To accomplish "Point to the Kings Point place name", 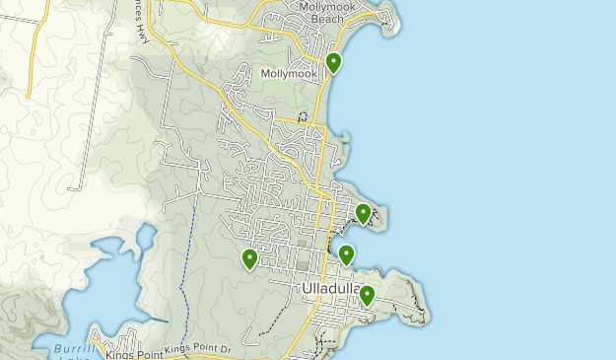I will [138, 351].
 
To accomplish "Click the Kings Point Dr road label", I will [197, 349].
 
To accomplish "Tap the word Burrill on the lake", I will [70, 351].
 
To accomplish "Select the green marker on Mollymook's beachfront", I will [334, 62].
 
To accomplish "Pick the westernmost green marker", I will [249, 258].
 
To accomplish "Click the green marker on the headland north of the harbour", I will [363, 212].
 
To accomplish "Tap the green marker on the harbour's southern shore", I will [346, 254].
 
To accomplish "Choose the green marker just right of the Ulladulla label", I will [367, 294].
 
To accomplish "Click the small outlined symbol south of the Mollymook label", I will [303, 116].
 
